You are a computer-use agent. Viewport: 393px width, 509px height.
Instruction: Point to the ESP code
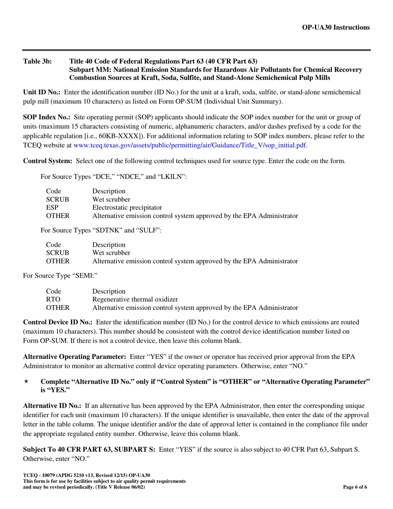click(52, 207)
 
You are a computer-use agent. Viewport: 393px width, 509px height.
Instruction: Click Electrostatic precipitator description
click(127, 207)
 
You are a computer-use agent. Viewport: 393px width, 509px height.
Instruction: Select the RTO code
click(53, 299)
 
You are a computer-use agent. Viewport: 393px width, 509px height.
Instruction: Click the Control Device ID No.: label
click(58, 322)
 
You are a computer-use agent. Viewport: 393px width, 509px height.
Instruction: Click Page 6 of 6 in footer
click(355, 487)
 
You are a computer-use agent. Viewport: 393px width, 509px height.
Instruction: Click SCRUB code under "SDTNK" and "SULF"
click(57, 253)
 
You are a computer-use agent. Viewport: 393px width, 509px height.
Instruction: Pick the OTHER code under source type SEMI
click(57, 307)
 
